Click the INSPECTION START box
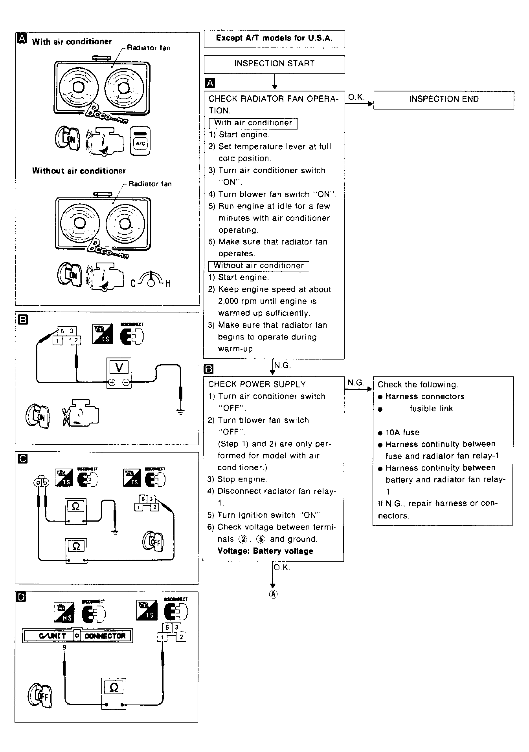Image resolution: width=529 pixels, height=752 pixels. (274, 64)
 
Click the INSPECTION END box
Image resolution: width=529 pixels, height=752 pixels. (443, 99)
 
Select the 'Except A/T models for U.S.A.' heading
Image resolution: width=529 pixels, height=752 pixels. (274, 38)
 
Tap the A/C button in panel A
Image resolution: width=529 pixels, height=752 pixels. (140, 141)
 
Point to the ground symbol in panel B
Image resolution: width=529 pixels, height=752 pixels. (180, 412)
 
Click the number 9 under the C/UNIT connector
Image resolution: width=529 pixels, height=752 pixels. (64, 647)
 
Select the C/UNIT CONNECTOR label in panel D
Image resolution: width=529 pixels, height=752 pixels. (78, 636)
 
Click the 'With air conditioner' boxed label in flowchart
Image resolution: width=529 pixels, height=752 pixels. (253, 123)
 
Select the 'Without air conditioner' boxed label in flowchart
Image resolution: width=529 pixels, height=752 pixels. (258, 266)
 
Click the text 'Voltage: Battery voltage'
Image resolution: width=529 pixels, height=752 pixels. (265, 551)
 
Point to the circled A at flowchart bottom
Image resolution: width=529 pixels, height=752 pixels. (273, 594)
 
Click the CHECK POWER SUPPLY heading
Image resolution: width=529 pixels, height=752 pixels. (257, 384)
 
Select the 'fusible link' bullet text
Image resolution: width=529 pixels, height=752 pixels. (431, 409)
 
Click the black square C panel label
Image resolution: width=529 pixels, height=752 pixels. (23, 458)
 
